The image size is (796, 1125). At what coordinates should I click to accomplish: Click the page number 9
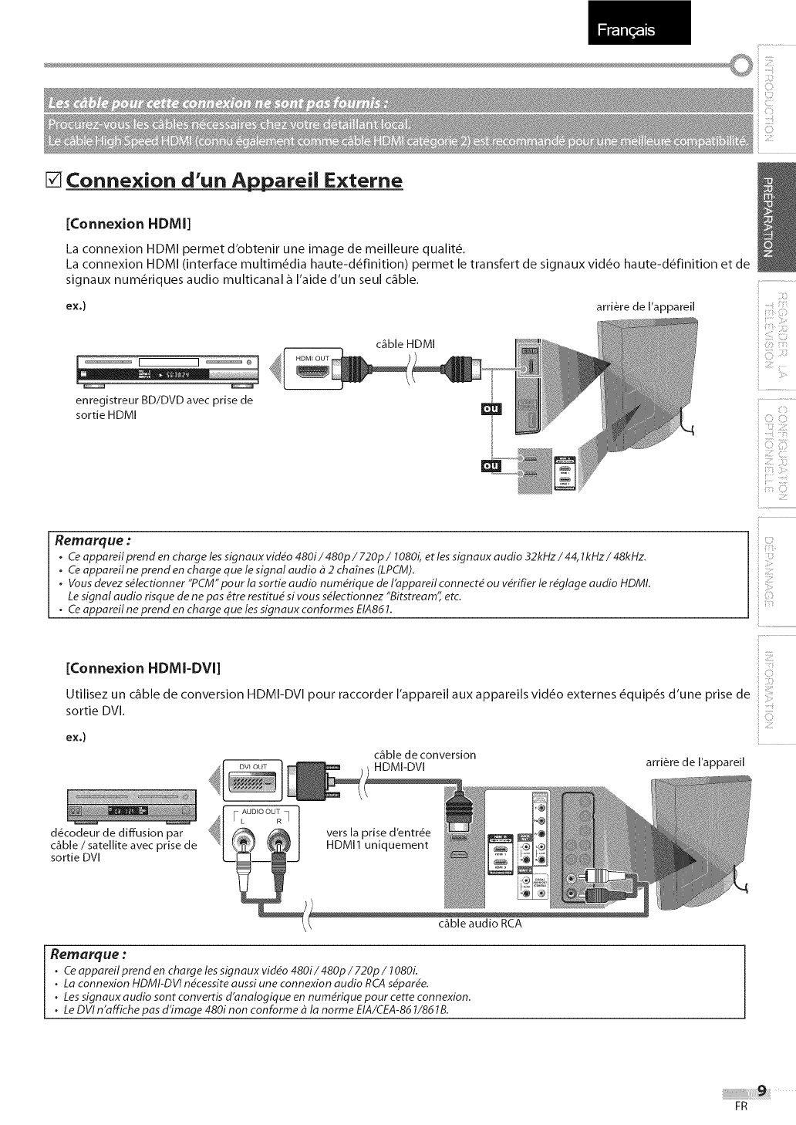click(x=761, y=1090)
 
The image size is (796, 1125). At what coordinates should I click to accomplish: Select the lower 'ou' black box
click(x=491, y=466)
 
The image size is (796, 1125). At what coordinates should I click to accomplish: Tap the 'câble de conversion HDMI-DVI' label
click(x=424, y=760)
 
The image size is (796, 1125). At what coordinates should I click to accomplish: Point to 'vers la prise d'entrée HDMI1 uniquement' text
click(x=379, y=839)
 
